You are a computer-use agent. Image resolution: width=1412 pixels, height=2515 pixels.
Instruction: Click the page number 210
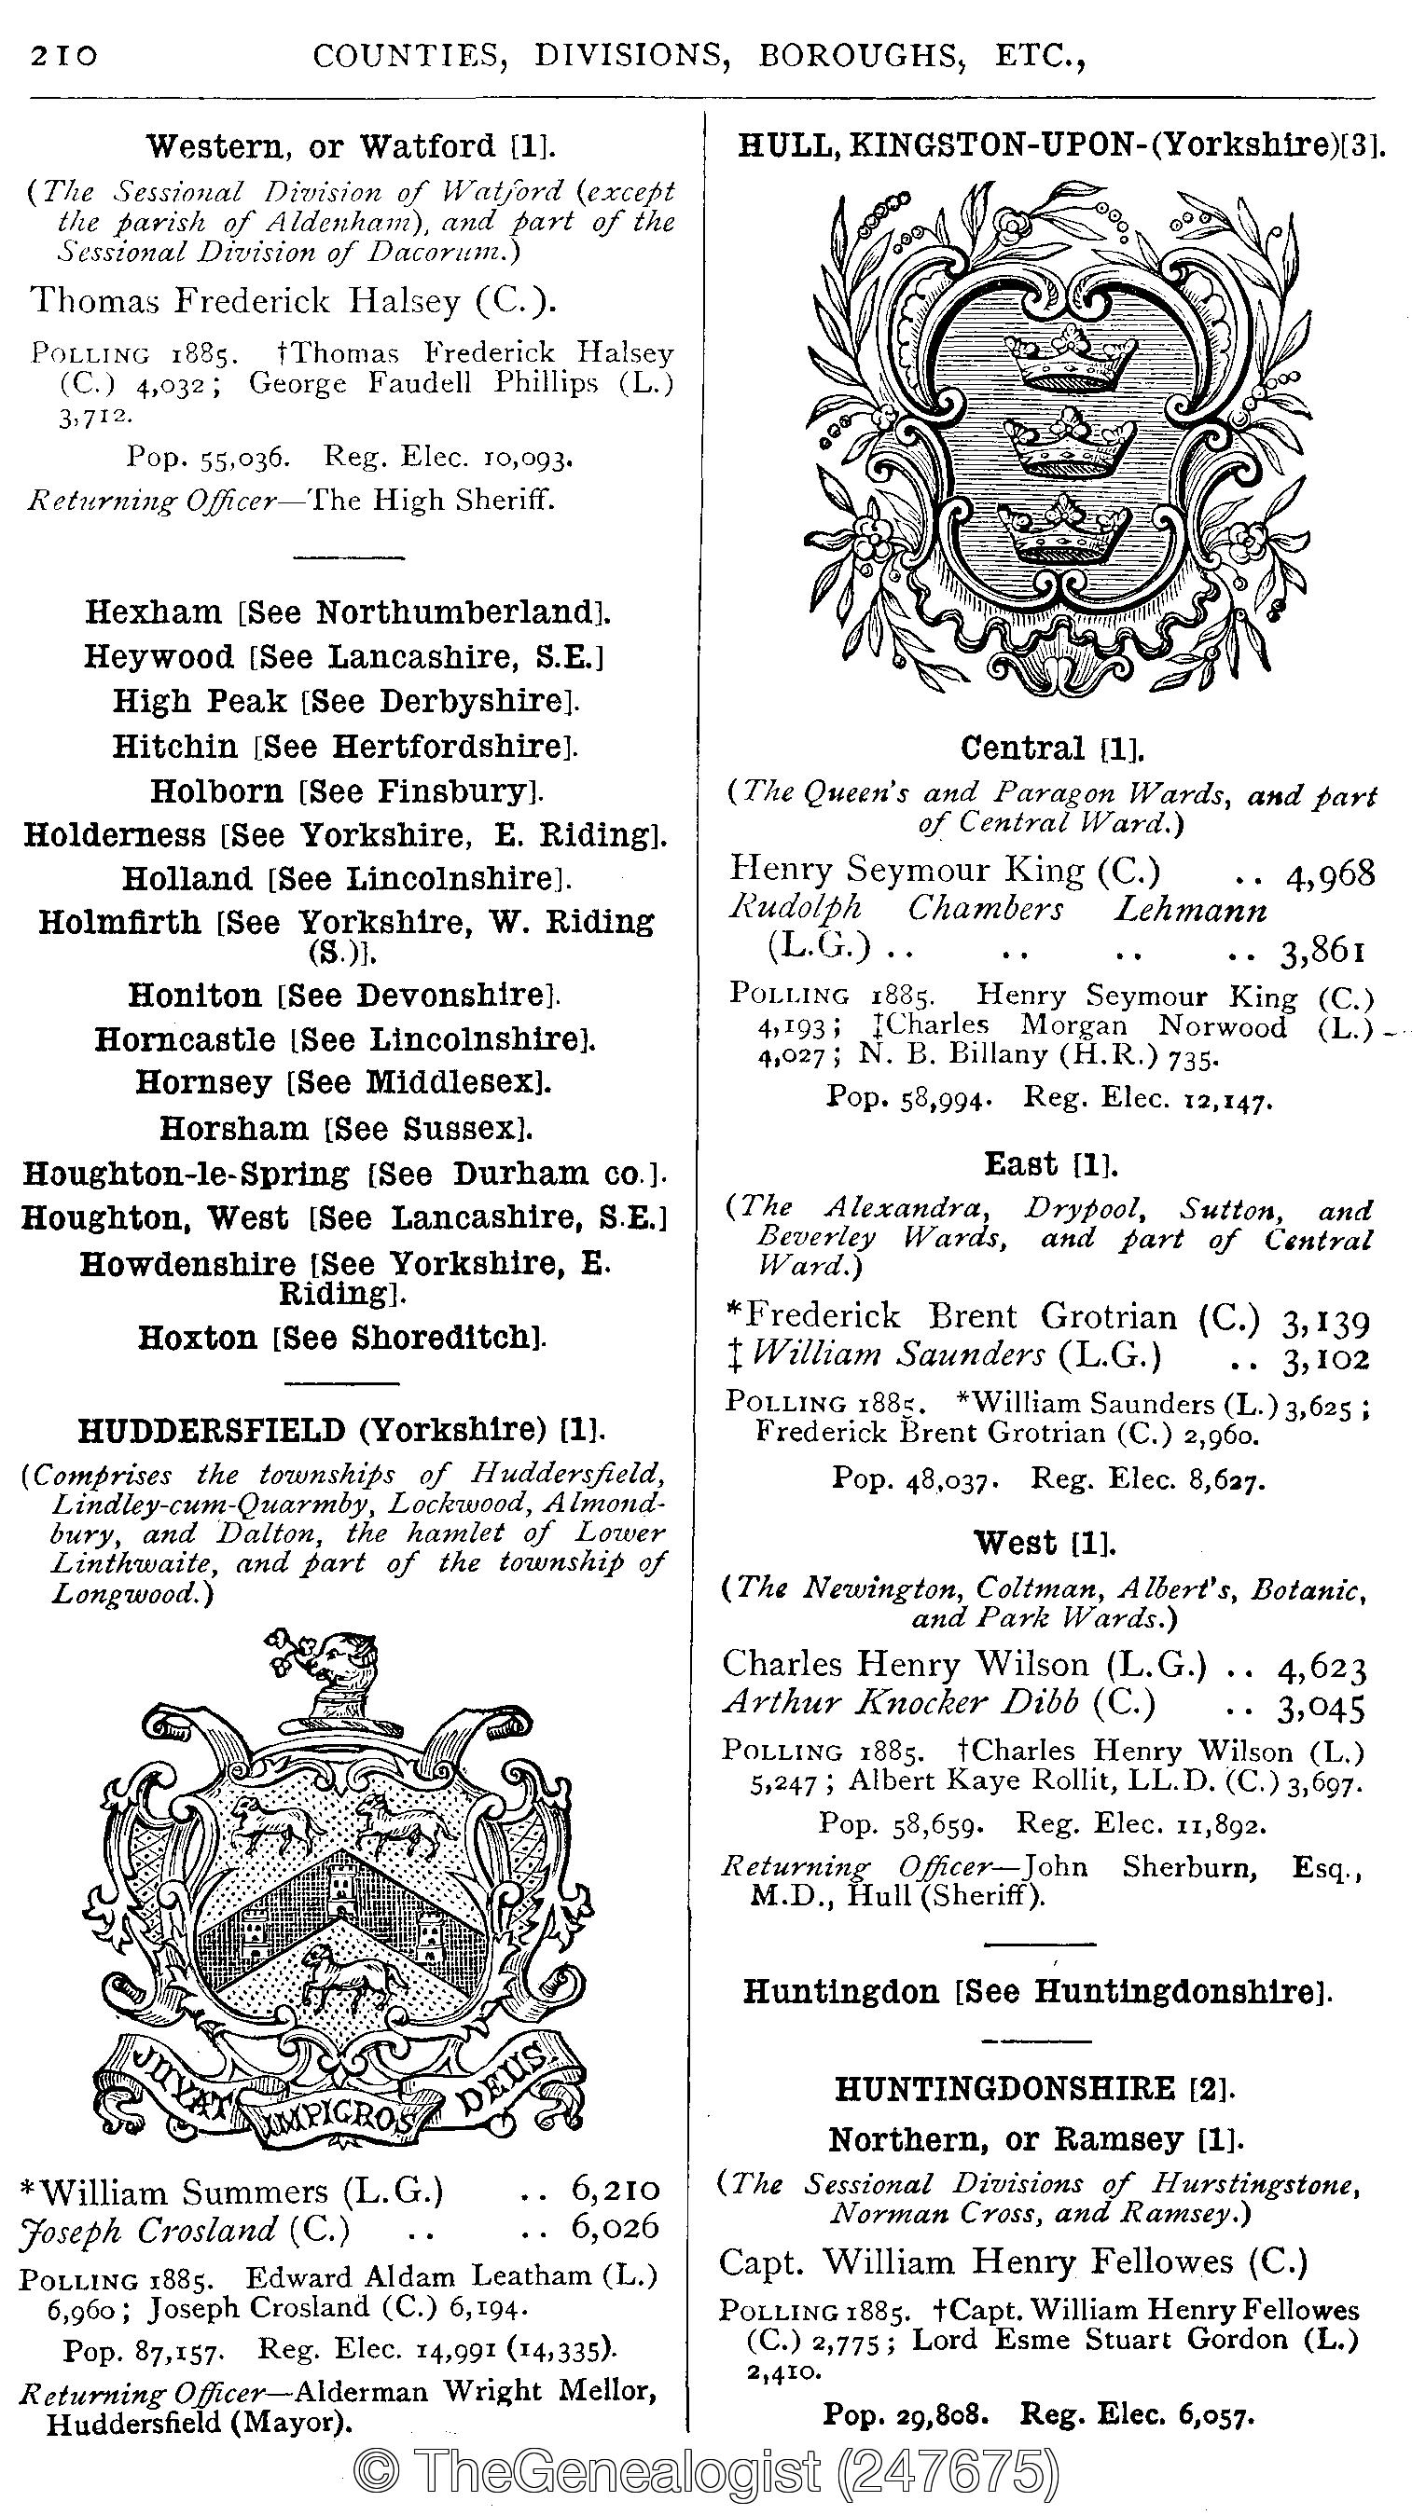click(64, 57)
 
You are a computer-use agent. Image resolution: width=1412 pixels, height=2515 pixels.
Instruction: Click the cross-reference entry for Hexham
click(347, 612)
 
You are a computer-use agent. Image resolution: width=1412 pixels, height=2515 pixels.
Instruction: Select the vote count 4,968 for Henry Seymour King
click(1330, 873)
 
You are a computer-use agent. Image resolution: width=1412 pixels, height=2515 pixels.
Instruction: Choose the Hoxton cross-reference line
click(341, 1338)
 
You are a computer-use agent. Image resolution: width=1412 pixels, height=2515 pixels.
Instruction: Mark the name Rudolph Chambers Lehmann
click(996, 909)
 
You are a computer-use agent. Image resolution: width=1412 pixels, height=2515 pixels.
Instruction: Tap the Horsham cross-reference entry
click(346, 1129)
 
